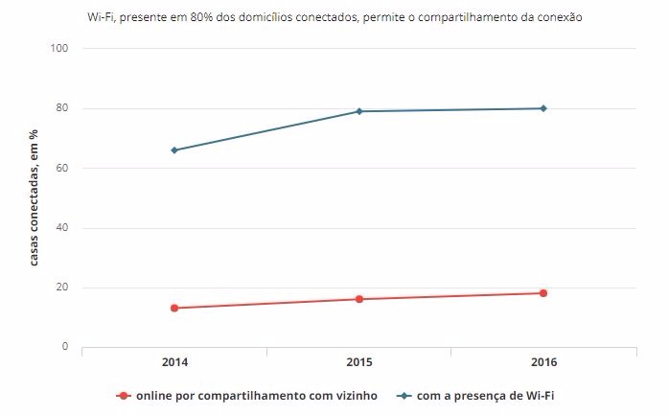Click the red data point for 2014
click(x=174, y=308)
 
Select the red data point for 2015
click(x=359, y=299)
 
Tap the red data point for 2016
click(x=543, y=293)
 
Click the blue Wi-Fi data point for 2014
click(x=174, y=150)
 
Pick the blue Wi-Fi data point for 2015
click(x=359, y=111)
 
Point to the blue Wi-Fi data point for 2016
click(x=543, y=108)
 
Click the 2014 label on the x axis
click(x=174, y=362)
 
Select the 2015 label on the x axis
click(x=359, y=362)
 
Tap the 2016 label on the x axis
click(x=543, y=362)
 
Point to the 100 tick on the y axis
click(x=59, y=48)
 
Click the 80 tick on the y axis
click(x=62, y=108)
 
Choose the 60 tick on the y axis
click(x=62, y=168)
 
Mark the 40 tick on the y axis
click(x=62, y=228)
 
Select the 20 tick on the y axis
click(x=62, y=288)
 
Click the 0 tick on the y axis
click(x=65, y=347)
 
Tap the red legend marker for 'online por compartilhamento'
click(x=123, y=395)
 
